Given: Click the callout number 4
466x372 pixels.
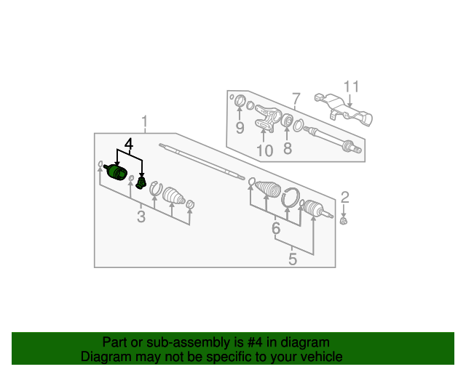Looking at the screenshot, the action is click(x=129, y=144).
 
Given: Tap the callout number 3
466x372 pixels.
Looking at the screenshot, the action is click(x=141, y=217).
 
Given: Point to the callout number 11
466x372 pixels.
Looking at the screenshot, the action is click(x=351, y=86).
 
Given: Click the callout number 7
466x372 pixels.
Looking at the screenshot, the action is click(x=296, y=99).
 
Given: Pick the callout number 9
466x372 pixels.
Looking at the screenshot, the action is click(x=240, y=128).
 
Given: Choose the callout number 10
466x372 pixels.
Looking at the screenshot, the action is click(x=264, y=150).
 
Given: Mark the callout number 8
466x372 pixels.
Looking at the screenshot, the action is click(x=288, y=148).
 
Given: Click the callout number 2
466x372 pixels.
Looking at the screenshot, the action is click(x=344, y=198).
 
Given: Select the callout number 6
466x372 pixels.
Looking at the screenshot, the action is click(x=276, y=228).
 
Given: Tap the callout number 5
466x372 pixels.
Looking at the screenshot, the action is click(x=293, y=259).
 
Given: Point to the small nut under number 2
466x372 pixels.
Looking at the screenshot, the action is click(x=344, y=220).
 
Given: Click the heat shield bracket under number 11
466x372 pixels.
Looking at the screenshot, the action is click(x=343, y=110).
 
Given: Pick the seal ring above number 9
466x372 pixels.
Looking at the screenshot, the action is click(x=240, y=101).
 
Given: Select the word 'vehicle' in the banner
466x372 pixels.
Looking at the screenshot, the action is click(x=323, y=357).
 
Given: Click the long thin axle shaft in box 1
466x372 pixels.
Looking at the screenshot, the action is click(x=202, y=162).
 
